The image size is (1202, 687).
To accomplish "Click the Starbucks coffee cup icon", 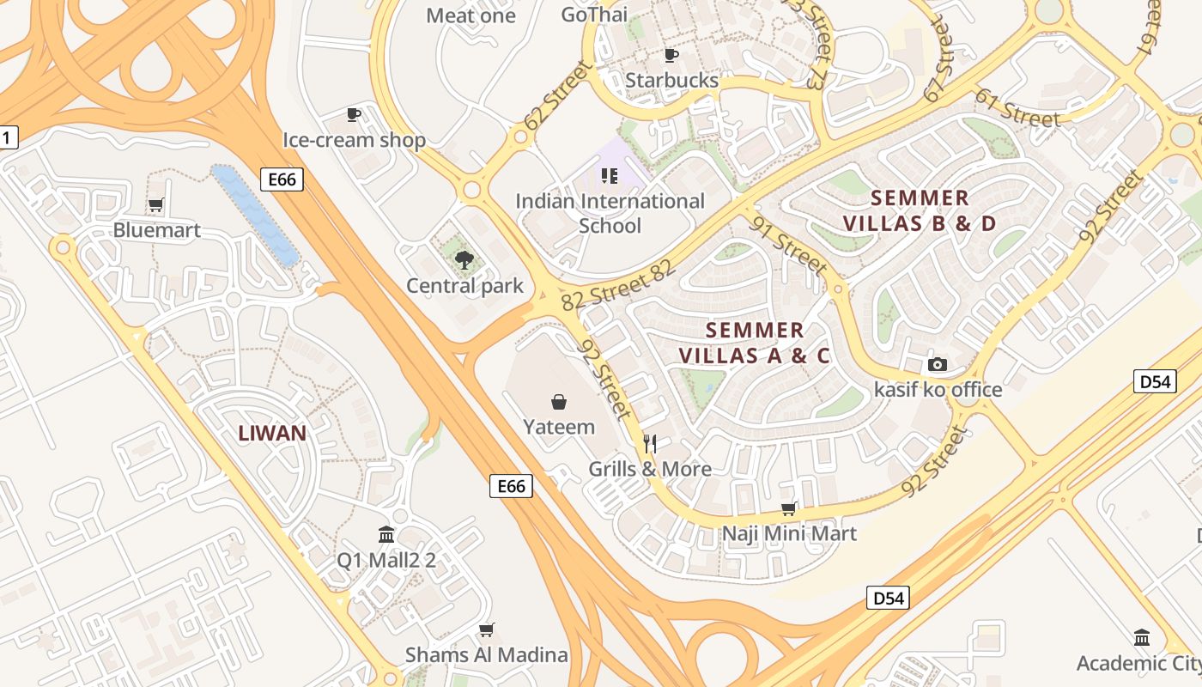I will (x=671, y=56).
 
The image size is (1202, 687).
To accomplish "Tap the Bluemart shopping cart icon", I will (x=155, y=205).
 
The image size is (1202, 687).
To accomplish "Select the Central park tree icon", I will (x=464, y=260).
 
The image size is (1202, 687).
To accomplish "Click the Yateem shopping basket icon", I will (x=559, y=402).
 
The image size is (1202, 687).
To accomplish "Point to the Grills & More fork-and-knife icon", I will (x=650, y=443).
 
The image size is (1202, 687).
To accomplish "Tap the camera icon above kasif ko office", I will (x=938, y=364).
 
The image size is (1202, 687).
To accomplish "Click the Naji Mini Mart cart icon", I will (x=788, y=508).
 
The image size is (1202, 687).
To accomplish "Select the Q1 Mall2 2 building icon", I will (x=386, y=535).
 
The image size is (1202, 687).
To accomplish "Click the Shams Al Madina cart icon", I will (x=486, y=629).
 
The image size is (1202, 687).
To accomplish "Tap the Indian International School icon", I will (x=610, y=176).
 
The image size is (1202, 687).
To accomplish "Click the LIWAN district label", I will (x=272, y=433).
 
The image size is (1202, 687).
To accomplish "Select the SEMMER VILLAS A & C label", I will (x=755, y=343).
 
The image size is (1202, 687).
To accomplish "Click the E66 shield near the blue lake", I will (x=282, y=179).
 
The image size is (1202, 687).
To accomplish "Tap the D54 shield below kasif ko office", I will (x=1154, y=381).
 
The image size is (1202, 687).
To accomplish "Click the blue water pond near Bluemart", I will (x=254, y=215).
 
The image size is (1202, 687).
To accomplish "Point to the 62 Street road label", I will (x=557, y=96).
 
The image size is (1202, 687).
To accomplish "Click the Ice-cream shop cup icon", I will (x=353, y=114).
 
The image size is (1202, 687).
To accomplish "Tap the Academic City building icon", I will (x=1142, y=638).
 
